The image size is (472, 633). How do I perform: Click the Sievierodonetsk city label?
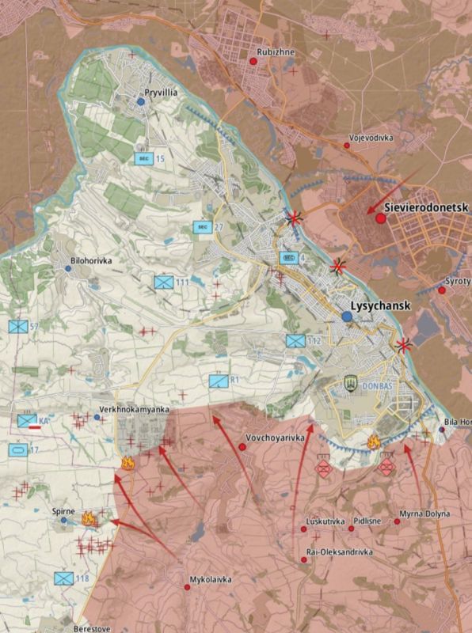(427, 209)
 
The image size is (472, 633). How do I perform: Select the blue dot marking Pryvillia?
(140, 101)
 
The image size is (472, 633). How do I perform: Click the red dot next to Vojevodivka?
(347, 146)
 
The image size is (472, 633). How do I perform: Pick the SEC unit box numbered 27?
(202, 227)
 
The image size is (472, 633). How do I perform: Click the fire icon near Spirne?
(89, 519)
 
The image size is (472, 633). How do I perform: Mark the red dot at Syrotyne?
(442, 290)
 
